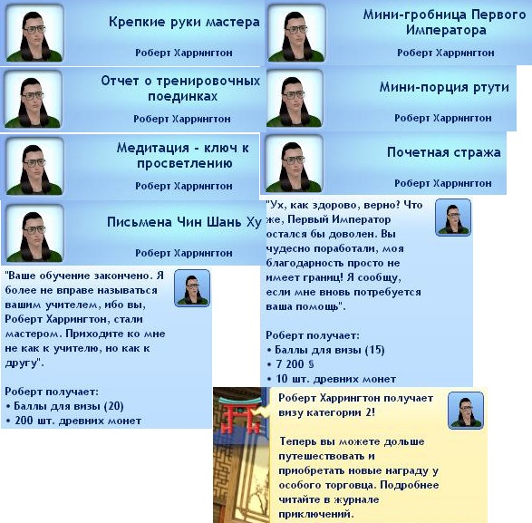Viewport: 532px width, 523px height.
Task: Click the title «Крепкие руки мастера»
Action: (x=184, y=23)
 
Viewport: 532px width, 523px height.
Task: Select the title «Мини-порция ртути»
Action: (x=444, y=88)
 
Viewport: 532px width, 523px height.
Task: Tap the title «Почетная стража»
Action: (x=444, y=152)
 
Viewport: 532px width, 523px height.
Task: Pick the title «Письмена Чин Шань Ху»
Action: (x=184, y=222)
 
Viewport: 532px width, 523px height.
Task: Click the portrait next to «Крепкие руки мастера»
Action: (x=35, y=33)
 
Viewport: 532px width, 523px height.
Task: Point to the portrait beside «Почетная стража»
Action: (x=294, y=163)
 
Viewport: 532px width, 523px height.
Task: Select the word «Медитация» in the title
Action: (x=153, y=149)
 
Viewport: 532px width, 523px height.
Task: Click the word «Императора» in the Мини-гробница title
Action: (x=446, y=31)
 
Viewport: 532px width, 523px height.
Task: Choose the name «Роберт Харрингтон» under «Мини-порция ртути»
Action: (x=443, y=118)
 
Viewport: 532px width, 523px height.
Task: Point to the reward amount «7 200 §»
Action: (x=295, y=364)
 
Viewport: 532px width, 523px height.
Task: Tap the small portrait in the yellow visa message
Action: (x=466, y=411)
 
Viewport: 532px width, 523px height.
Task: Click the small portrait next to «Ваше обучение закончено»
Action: (x=192, y=288)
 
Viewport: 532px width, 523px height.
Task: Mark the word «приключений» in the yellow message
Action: (x=316, y=514)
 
